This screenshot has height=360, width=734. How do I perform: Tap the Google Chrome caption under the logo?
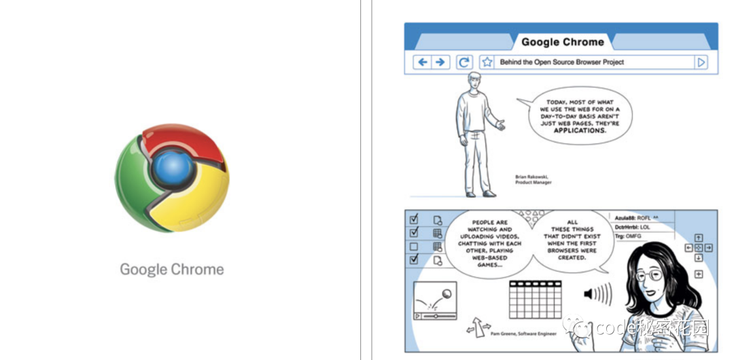(x=172, y=270)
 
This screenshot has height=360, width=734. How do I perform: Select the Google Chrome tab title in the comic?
(x=562, y=42)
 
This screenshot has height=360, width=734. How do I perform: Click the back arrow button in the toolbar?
(x=423, y=62)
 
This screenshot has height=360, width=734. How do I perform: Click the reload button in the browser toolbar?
(x=464, y=62)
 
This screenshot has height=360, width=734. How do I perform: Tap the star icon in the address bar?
(x=487, y=62)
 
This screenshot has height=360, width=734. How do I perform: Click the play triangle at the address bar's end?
(x=701, y=62)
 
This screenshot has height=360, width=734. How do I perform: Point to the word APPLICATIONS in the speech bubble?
(x=579, y=130)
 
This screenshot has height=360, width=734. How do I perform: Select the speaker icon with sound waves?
(x=597, y=294)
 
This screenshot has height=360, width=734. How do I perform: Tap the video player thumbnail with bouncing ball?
(x=436, y=300)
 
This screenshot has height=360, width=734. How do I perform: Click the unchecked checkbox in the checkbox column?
(x=414, y=246)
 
